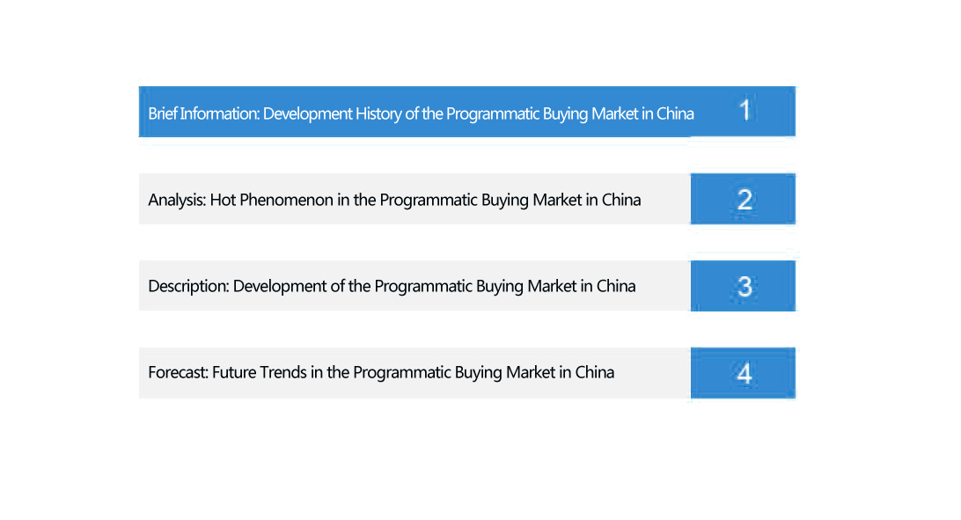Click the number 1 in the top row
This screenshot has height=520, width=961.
click(745, 110)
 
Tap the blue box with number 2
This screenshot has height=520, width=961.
click(743, 199)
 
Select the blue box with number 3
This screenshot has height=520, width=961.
click(743, 286)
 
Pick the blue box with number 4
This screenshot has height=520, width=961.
click(743, 373)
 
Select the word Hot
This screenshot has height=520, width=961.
click(223, 201)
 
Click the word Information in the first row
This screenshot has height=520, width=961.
click(219, 114)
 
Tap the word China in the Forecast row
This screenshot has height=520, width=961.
click(595, 372)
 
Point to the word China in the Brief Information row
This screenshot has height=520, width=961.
click(675, 114)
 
